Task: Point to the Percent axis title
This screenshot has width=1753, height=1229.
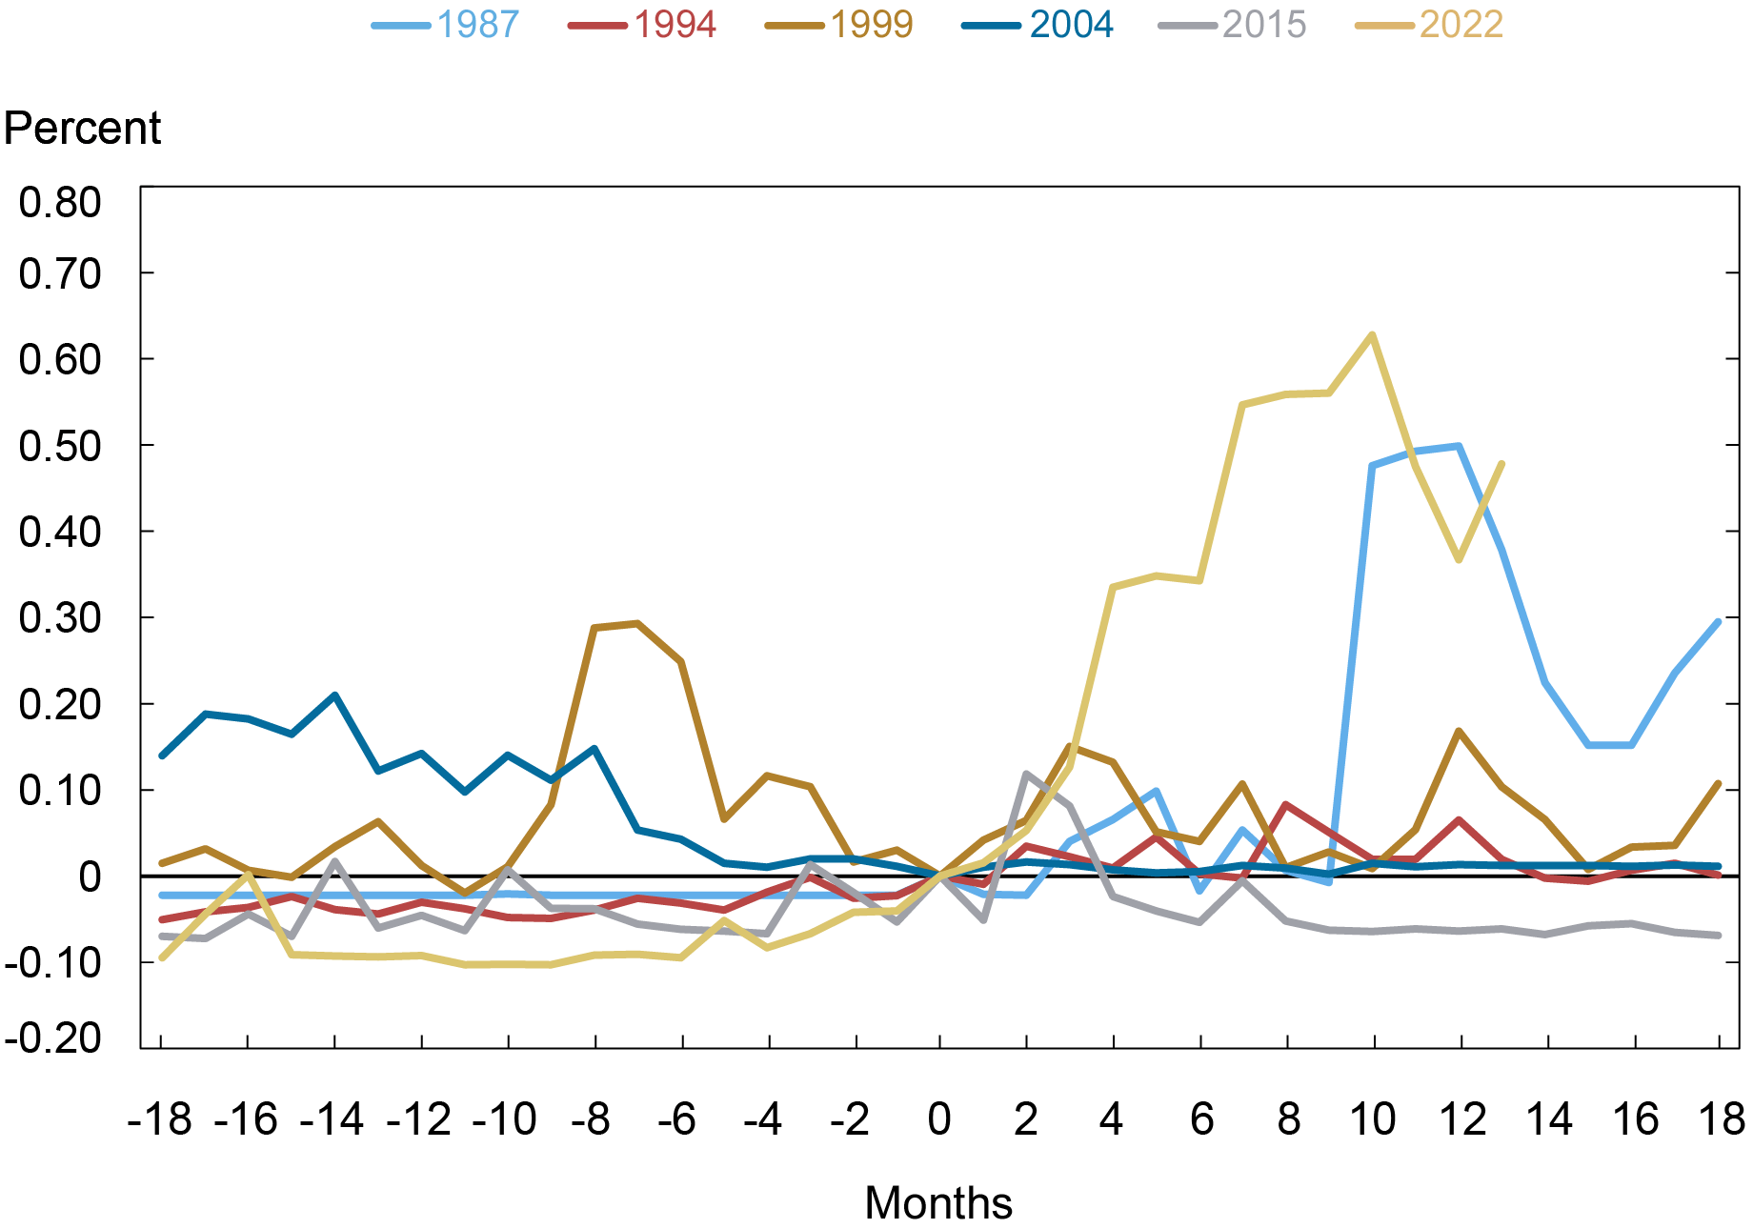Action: click(x=82, y=129)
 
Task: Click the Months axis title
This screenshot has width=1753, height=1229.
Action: click(x=937, y=1203)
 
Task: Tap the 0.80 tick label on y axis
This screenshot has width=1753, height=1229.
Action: click(x=60, y=202)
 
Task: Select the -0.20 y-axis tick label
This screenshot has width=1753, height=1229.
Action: click(x=52, y=1038)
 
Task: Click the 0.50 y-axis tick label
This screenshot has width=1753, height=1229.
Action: click(x=60, y=446)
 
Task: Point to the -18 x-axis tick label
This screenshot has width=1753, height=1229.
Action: click(x=160, y=1119)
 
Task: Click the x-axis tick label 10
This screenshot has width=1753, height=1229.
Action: click(x=1373, y=1119)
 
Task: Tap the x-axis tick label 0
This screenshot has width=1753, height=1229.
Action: click(x=939, y=1119)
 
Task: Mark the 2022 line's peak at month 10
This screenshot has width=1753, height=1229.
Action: click(x=1372, y=334)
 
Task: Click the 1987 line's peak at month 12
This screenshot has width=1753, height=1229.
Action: click(x=1460, y=446)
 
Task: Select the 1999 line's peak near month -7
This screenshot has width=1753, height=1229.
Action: click(x=637, y=623)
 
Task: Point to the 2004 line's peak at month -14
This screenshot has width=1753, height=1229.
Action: click(x=334, y=695)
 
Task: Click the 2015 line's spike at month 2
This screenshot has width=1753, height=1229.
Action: click(x=1027, y=774)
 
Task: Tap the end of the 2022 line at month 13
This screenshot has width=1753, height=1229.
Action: click(x=1502, y=464)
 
